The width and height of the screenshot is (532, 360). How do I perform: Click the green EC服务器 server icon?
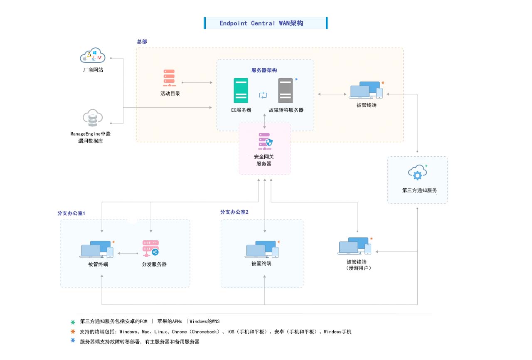pos(241,91)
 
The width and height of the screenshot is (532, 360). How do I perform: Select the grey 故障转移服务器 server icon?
pos(286,91)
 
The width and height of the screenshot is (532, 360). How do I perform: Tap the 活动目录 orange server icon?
pos(170,78)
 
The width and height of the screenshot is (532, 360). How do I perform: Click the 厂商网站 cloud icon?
pos(92,56)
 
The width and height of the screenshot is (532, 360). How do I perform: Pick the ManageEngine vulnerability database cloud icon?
pos(92,118)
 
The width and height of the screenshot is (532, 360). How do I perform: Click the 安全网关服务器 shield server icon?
pos(264,142)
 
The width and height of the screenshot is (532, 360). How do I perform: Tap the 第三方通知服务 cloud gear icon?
pos(417,173)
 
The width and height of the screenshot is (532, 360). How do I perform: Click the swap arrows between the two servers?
pos(263,95)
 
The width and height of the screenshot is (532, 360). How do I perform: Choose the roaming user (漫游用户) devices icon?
pos(355,246)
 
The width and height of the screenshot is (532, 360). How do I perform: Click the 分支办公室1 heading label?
pos(71,213)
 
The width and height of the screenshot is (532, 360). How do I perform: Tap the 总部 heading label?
pos(142,42)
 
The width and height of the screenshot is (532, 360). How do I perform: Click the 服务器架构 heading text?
pos(264,70)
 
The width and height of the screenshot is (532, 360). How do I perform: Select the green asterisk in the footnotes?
pos(73,322)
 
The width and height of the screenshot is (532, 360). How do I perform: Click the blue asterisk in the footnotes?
pos(73,340)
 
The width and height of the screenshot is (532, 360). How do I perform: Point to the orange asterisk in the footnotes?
pos(73,331)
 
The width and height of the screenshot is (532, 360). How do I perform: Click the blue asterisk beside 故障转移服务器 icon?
pos(296,79)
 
